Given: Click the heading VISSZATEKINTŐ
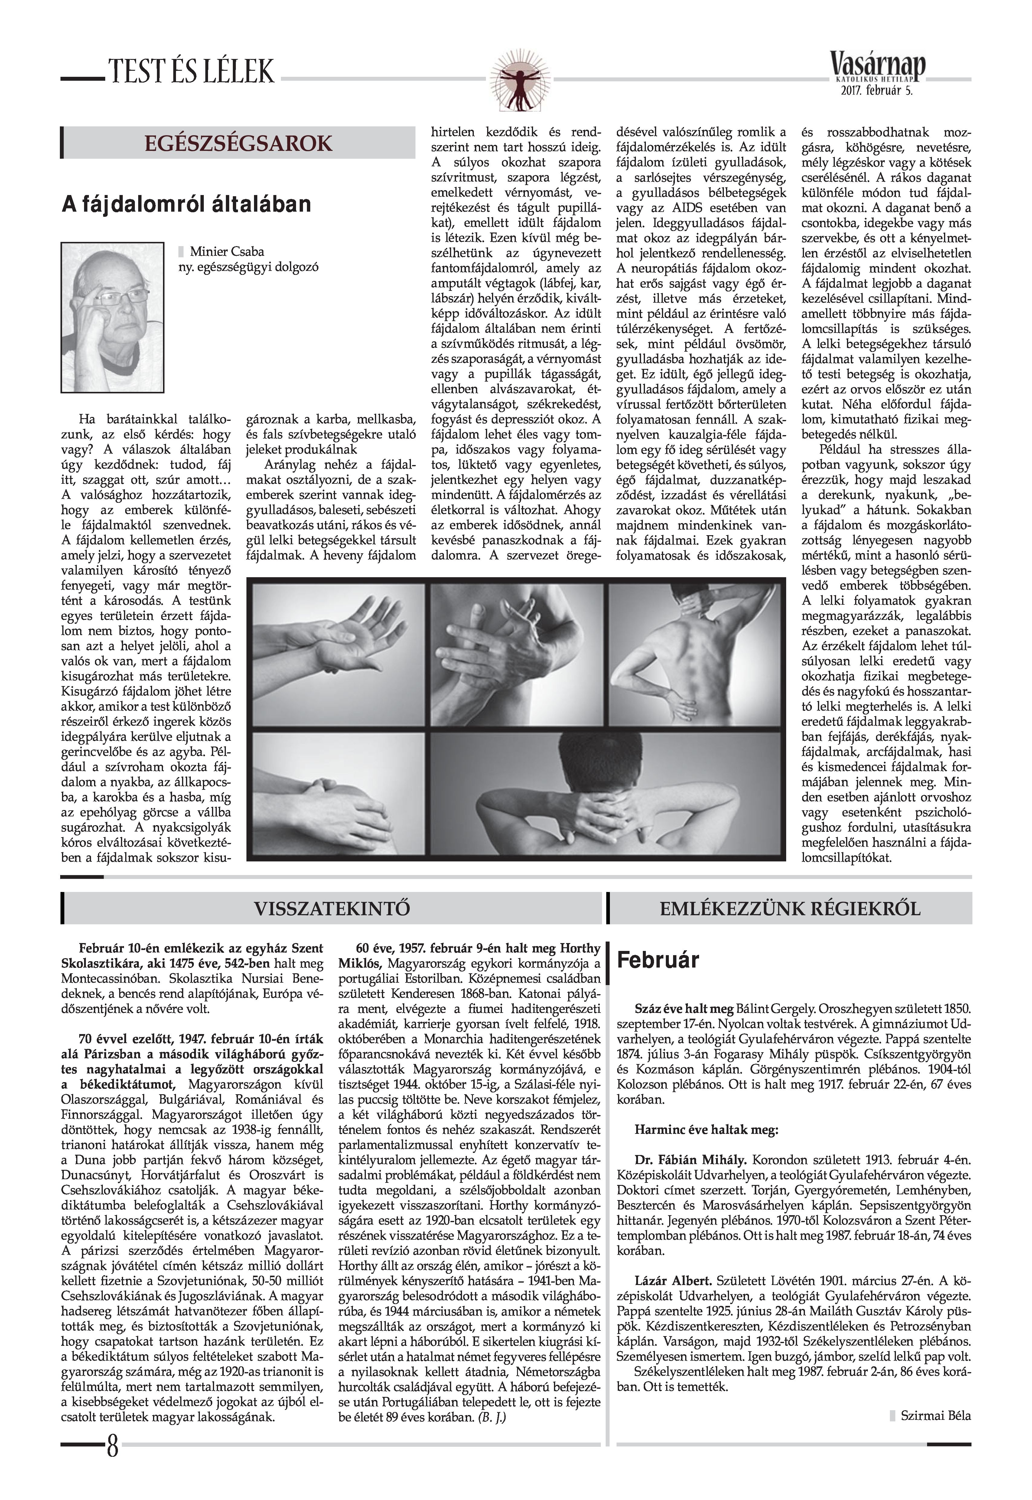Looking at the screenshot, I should (x=332, y=908).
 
